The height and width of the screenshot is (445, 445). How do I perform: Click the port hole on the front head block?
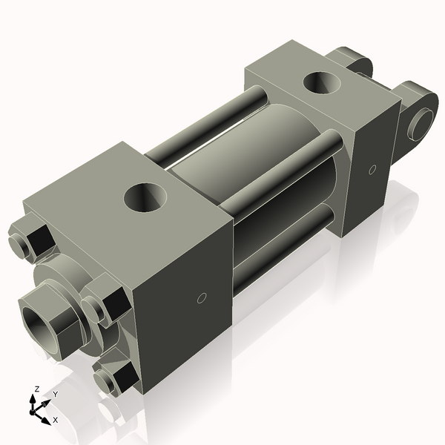click(x=145, y=197)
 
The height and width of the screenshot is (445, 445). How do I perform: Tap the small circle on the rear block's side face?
click(x=372, y=169)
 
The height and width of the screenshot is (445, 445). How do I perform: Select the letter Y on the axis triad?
click(x=55, y=395)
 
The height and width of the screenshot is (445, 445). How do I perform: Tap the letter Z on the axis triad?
click(x=36, y=389)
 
